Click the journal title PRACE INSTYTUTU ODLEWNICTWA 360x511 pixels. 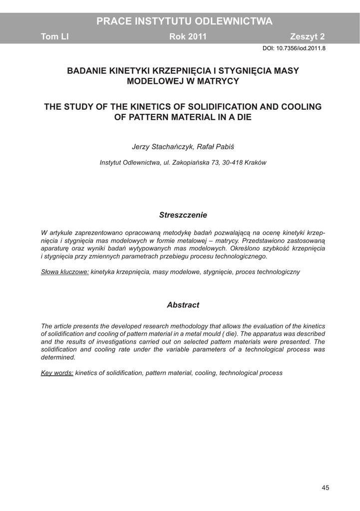click(x=184, y=21)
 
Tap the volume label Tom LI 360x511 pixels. click(x=54, y=37)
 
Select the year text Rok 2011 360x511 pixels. click(x=188, y=37)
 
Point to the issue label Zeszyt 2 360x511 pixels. click(x=307, y=37)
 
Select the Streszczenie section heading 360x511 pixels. click(x=183, y=215)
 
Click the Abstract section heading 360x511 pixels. click(x=183, y=305)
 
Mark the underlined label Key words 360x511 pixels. click(x=57, y=373)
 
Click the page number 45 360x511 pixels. click(x=325, y=488)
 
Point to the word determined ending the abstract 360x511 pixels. click(x=58, y=357)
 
